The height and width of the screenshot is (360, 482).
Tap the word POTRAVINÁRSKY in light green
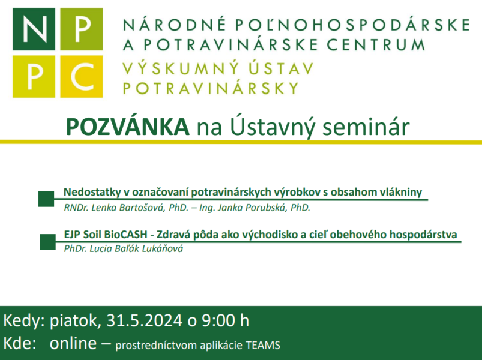tap(211, 89)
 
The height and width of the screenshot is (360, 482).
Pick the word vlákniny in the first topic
tap(400, 193)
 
